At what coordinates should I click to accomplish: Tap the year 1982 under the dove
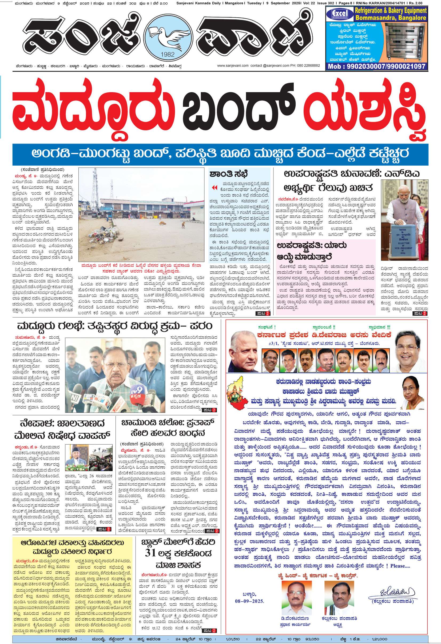(x=168, y=55)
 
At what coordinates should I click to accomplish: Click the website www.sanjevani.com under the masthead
(x=233, y=66)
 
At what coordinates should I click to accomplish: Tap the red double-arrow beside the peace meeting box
(x=214, y=188)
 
